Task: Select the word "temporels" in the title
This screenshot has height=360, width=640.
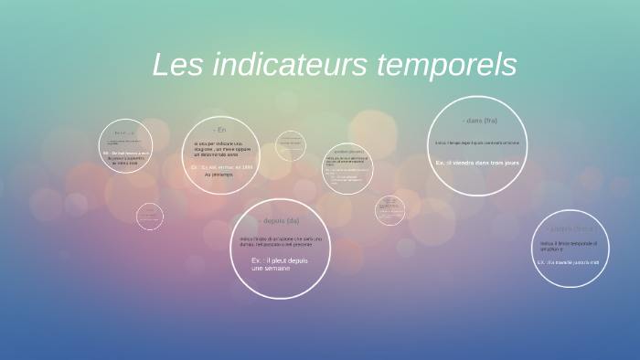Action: click(x=447, y=65)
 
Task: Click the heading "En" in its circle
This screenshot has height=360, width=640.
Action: click(x=219, y=130)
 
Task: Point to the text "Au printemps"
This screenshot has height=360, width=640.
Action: click(x=219, y=175)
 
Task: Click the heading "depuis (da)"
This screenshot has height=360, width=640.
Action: click(x=280, y=221)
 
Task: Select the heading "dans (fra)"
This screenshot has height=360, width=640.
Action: click(x=479, y=121)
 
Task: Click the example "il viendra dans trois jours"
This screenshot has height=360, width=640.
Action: click(x=477, y=163)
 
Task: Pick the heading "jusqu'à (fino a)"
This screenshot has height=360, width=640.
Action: click(x=571, y=228)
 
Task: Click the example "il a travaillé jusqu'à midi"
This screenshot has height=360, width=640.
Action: click(x=568, y=262)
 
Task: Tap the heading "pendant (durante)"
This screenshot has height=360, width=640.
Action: click(x=347, y=151)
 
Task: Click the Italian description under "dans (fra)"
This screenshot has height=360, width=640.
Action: click(x=477, y=143)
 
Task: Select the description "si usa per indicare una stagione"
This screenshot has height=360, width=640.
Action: click(x=219, y=149)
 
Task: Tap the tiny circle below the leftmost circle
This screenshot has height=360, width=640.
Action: click(x=149, y=217)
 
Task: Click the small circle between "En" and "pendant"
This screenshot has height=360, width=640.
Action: click(x=290, y=143)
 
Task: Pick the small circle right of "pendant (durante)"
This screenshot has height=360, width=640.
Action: click(x=390, y=210)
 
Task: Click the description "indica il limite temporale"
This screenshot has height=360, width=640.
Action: click(x=569, y=246)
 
